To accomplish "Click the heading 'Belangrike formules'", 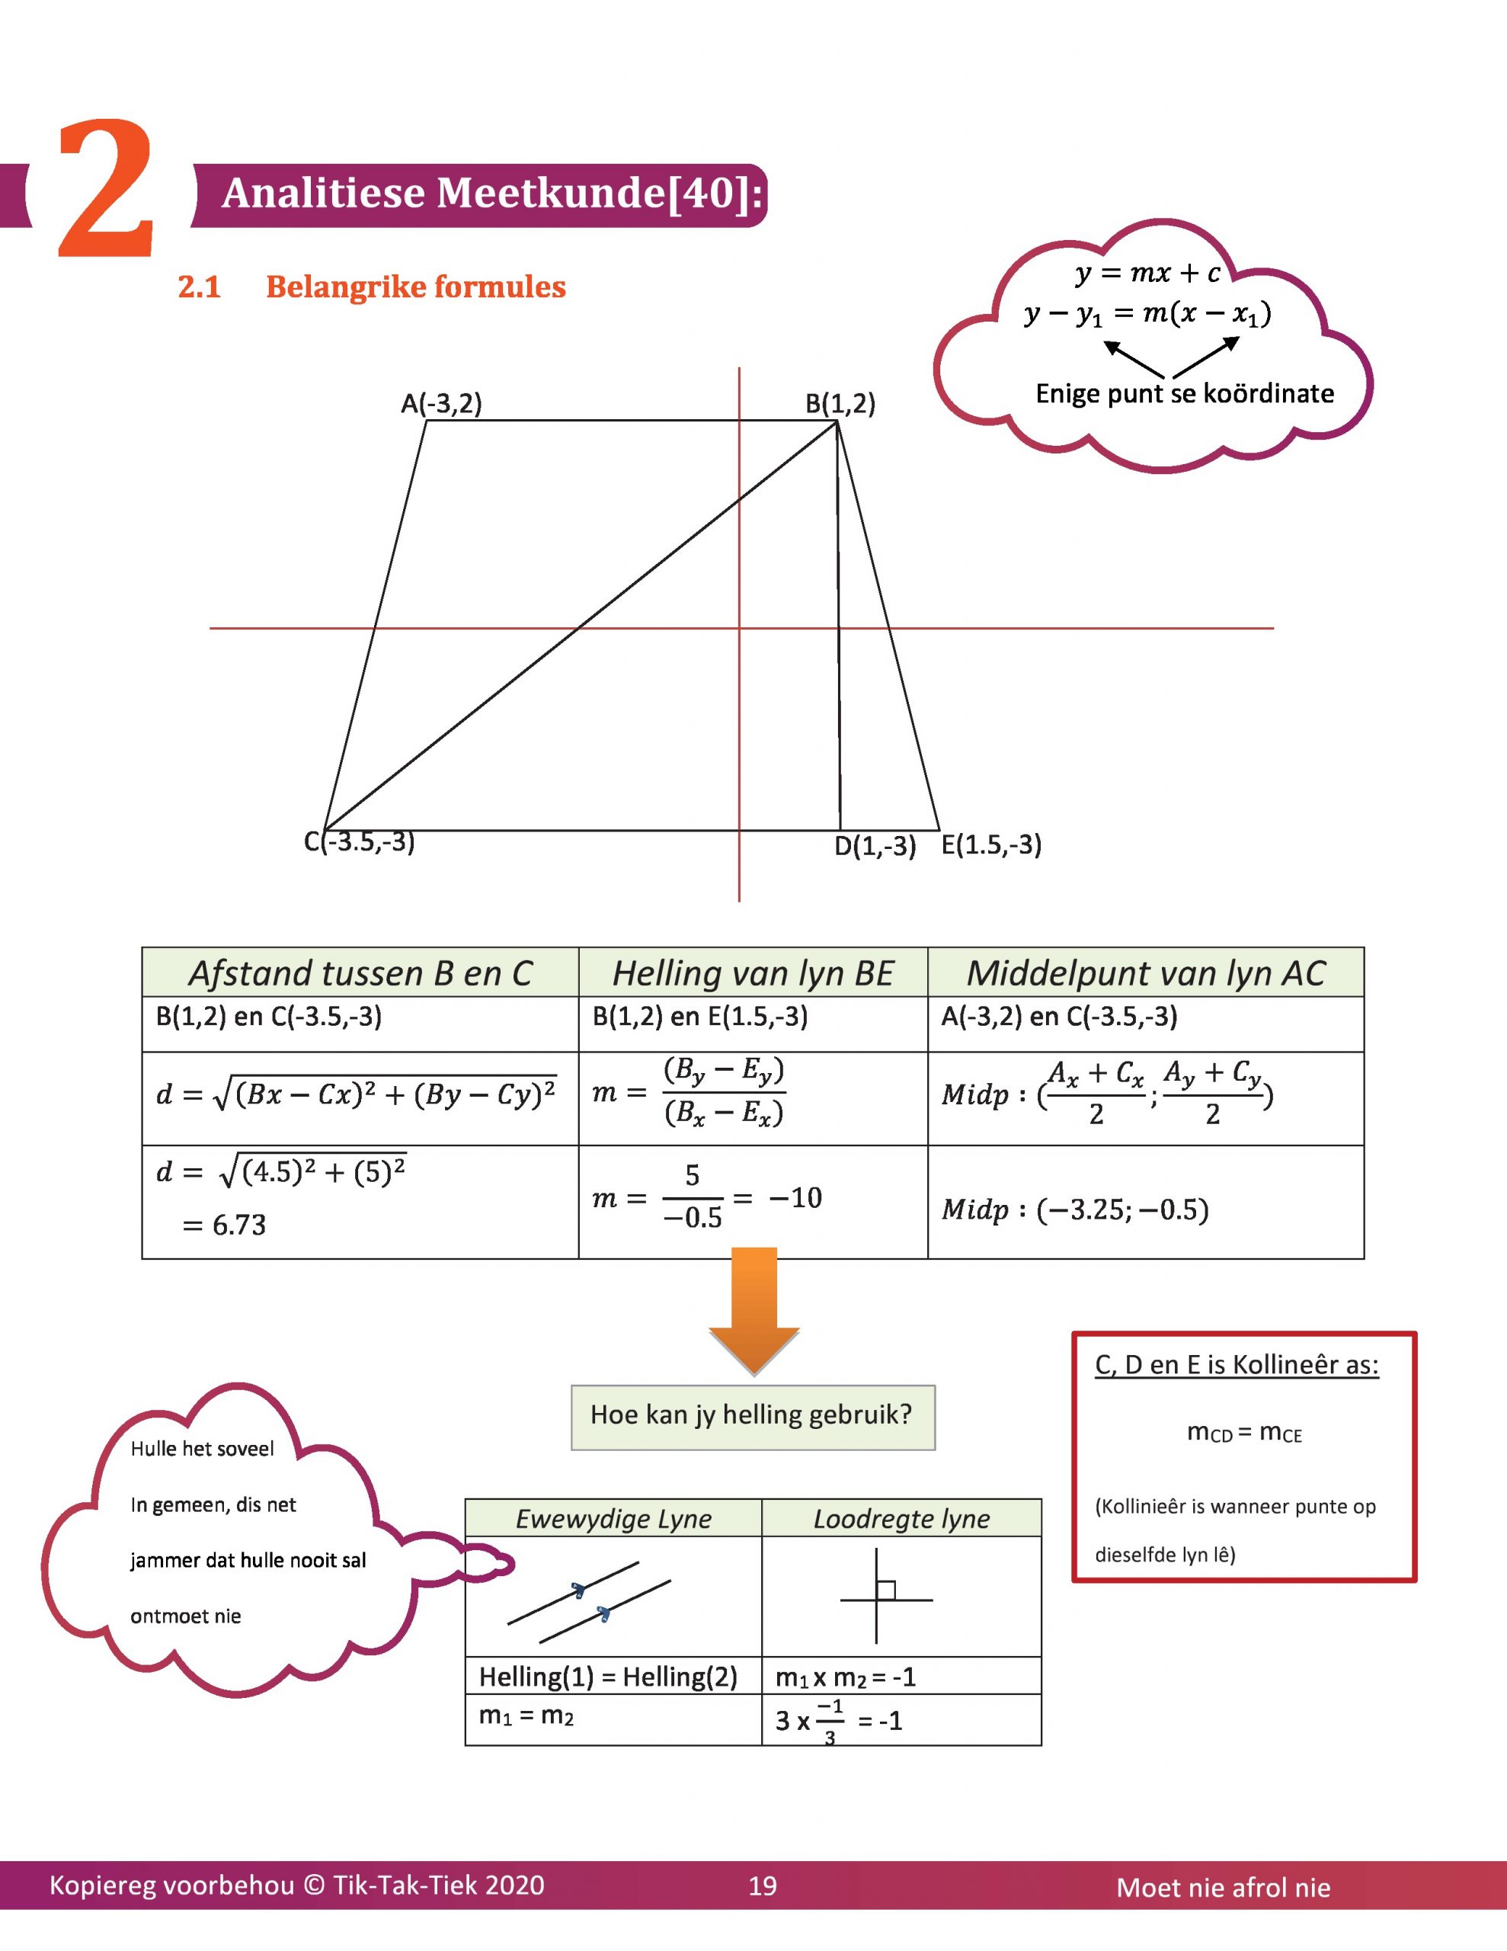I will point(415,287).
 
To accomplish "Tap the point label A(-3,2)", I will point(441,404).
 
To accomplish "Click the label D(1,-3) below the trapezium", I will point(875,845).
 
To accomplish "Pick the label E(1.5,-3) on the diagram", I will point(991,844).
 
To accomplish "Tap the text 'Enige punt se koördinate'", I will point(1185,393).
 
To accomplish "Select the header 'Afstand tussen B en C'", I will point(360,972).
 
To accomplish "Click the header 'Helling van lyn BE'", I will point(752,972).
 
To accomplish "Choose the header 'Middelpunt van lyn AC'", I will point(1145,972).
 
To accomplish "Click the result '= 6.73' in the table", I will point(225,1224).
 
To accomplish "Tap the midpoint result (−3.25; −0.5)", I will point(1122,1209).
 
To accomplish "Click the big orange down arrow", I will point(754,1309).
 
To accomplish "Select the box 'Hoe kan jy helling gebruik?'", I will point(752,1415).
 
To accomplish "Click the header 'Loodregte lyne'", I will point(901,1519).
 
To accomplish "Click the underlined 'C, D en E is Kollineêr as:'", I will point(1237,1365).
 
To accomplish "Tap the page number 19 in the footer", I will point(762,1885).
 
